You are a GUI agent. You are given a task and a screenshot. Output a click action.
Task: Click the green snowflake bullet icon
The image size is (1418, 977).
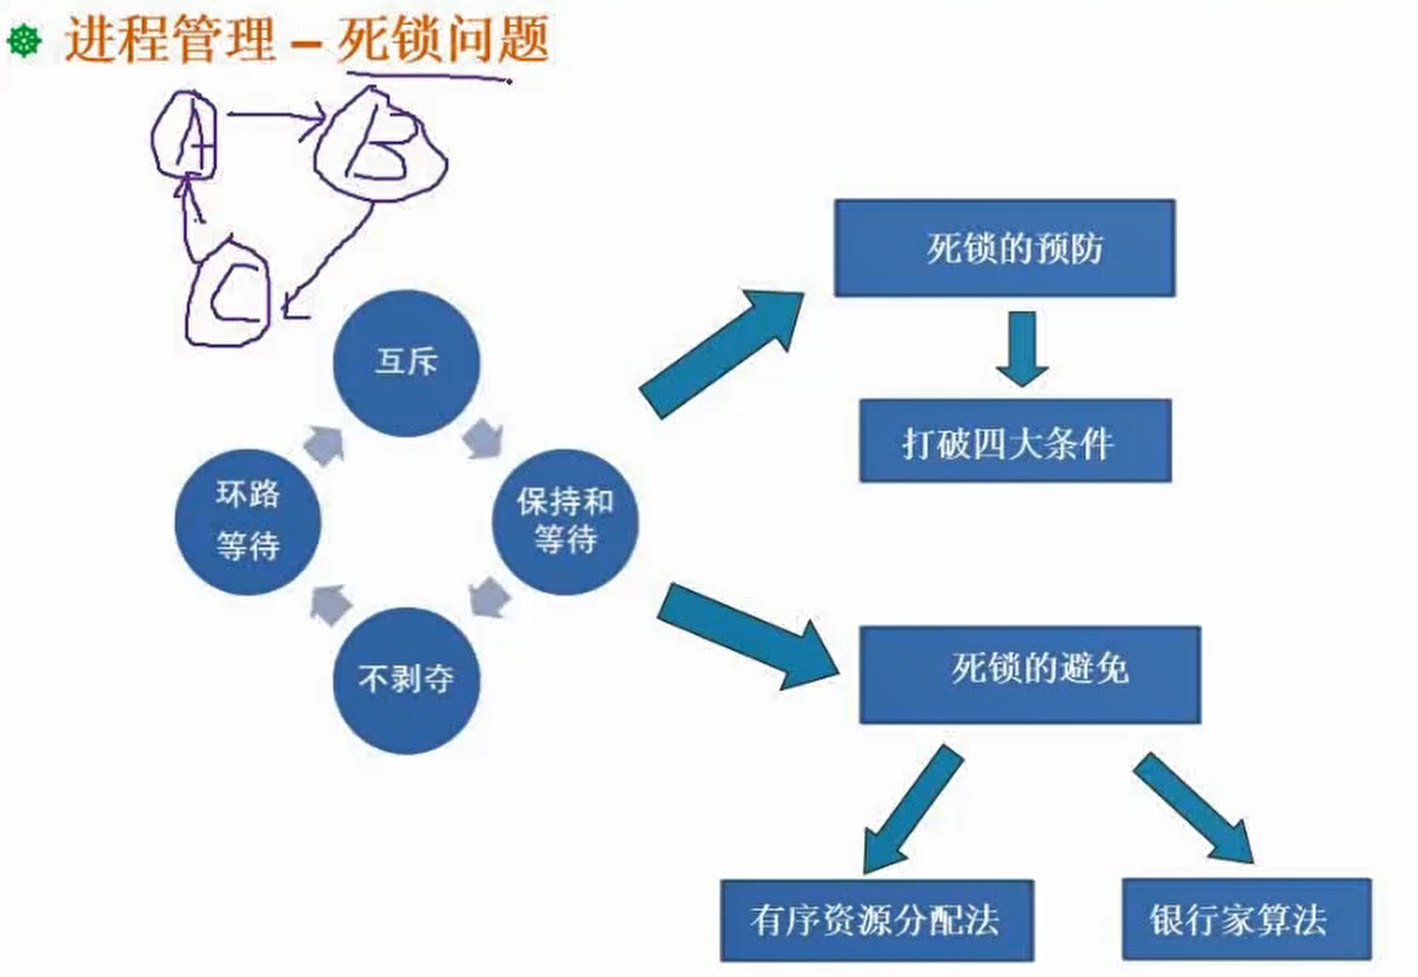(24, 40)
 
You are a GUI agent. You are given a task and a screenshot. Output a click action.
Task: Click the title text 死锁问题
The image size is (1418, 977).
(443, 40)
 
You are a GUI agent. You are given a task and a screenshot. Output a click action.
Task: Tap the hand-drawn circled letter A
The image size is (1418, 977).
(186, 137)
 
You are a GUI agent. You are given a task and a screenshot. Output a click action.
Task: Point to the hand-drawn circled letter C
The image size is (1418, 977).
(229, 294)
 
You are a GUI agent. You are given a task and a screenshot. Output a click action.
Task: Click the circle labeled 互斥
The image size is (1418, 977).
(406, 363)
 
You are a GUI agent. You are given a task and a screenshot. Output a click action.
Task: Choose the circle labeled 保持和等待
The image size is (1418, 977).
(564, 521)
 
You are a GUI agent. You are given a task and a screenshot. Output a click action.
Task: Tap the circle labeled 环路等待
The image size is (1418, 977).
(248, 521)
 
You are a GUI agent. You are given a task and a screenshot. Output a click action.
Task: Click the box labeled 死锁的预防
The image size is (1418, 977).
(1004, 248)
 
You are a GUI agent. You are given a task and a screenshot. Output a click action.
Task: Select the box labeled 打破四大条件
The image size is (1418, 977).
(1015, 441)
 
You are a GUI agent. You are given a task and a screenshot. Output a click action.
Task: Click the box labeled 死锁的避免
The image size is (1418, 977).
(1030, 674)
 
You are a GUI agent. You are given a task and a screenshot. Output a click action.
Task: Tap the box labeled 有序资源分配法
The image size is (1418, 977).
(876, 920)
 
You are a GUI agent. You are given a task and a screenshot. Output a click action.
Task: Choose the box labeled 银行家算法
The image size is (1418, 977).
(1246, 919)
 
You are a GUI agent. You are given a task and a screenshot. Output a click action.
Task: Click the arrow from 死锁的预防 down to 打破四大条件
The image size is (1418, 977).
(1021, 348)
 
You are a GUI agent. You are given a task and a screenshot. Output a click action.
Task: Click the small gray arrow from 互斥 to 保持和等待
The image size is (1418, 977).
(483, 438)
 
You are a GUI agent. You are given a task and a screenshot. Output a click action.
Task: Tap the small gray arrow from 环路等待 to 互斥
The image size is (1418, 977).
(324, 444)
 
